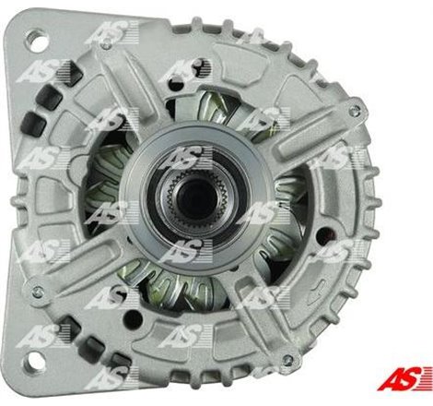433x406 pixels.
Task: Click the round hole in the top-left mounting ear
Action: (38, 40)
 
